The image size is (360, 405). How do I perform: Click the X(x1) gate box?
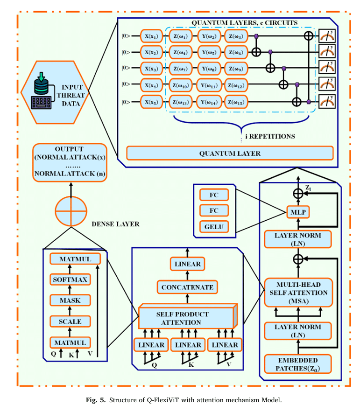(152, 35)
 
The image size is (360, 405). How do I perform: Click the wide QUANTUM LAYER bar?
(230, 153)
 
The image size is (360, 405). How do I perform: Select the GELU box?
(214, 227)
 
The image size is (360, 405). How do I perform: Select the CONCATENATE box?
(187, 287)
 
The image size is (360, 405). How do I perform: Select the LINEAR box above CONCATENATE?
(187, 264)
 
